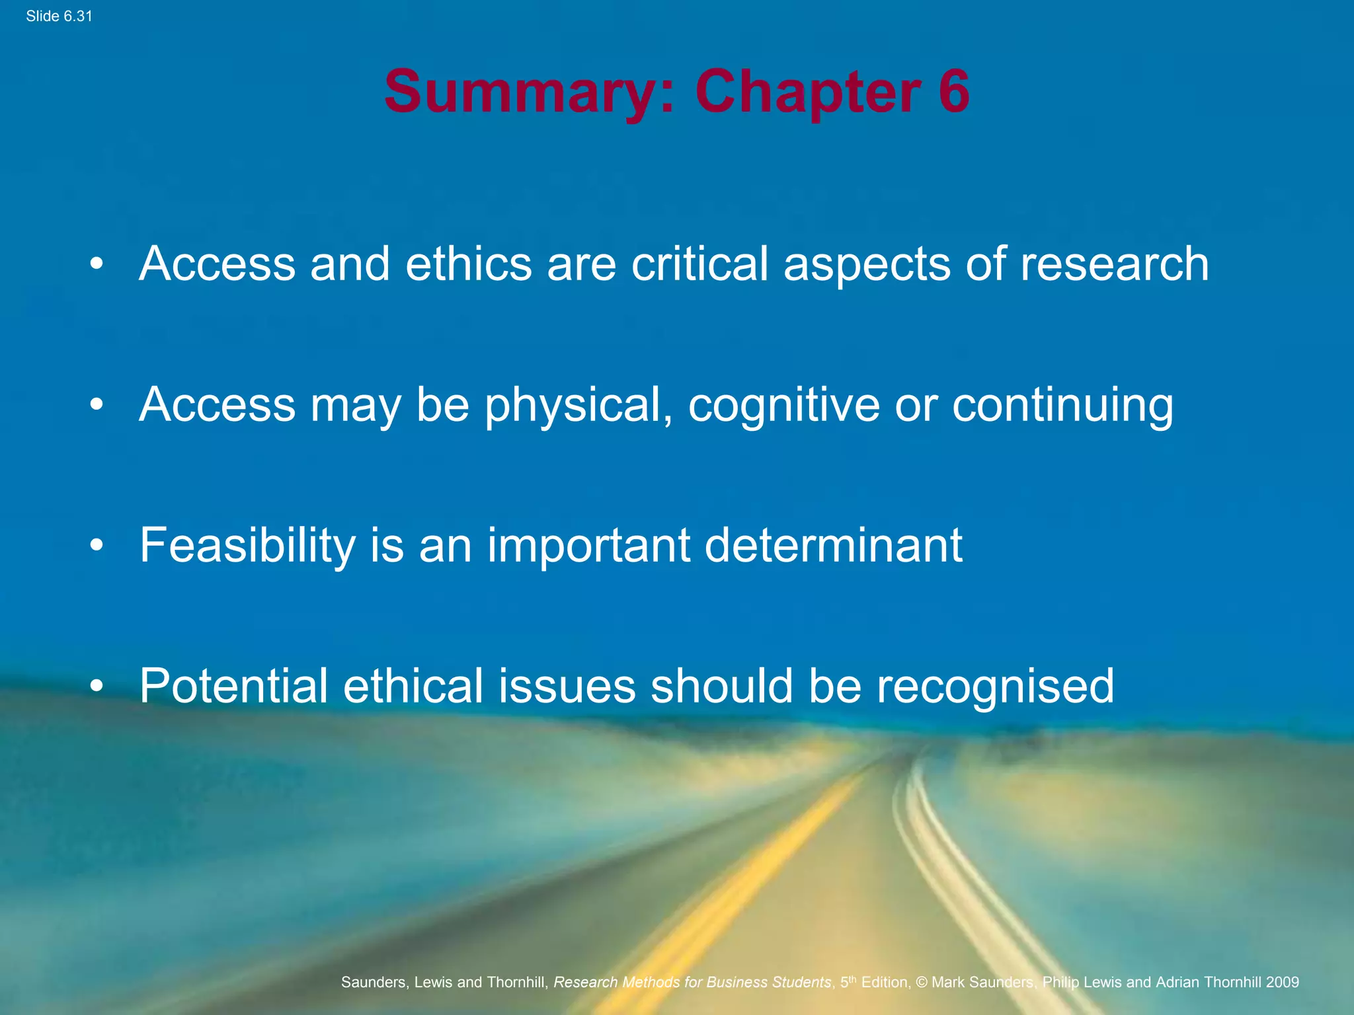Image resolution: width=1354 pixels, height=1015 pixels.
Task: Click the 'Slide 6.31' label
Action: pyautogui.click(x=59, y=17)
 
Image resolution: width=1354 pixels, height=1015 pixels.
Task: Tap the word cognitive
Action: pyautogui.click(x=784, y=404)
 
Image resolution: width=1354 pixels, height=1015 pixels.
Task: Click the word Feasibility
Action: pyautogui.click(x=247, y=546)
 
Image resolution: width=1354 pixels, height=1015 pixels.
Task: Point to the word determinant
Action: pyautogui.click(x=834, y=545)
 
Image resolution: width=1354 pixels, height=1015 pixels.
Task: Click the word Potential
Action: pyautogui.click(x=233, y=686)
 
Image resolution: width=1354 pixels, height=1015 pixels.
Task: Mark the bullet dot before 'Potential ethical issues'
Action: pyautogui.click(x=97, y=687)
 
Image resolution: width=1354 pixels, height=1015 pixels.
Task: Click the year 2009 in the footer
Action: pyautogui.click(x=1283, y=982)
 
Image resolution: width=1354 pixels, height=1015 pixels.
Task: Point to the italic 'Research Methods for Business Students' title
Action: pyautogui.click(x=692, y=982)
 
